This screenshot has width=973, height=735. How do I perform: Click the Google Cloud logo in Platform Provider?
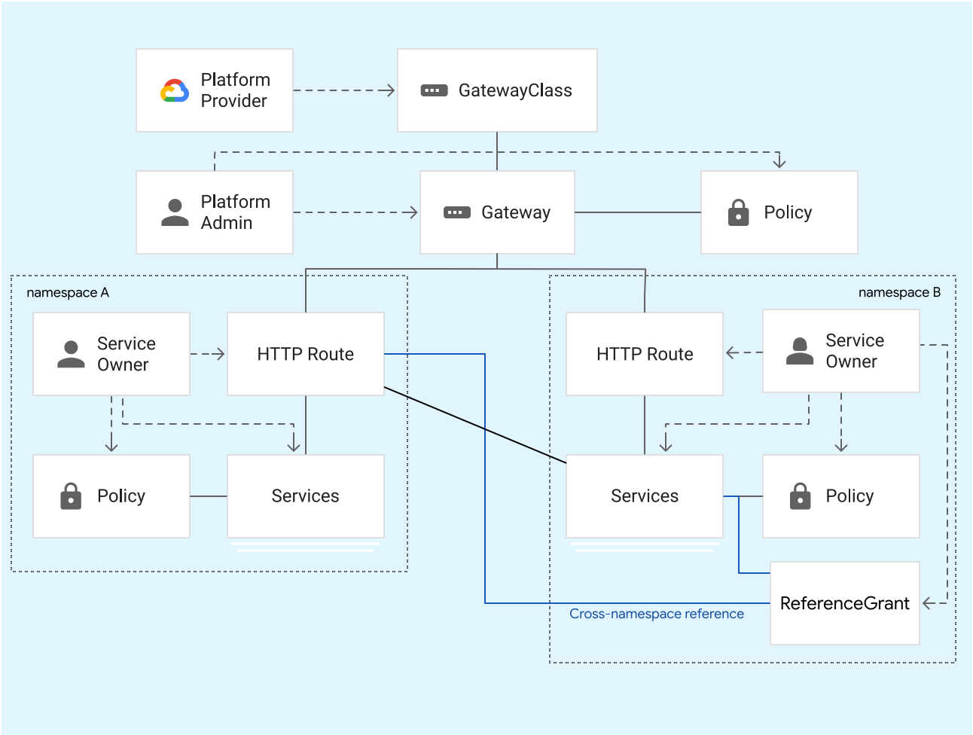175,91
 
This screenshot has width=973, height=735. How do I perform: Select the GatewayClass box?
497,90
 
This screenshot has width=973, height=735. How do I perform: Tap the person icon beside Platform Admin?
175,212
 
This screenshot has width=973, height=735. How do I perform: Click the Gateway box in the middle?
497,212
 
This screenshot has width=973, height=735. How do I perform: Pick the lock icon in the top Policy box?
738,213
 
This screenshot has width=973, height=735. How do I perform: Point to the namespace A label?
68,293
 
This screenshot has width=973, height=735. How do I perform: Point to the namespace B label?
899,293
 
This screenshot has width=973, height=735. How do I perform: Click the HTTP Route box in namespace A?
306,354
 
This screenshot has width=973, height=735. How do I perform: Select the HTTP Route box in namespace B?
645,354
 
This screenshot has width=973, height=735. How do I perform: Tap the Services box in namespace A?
306,496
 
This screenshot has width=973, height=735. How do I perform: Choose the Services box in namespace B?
645,496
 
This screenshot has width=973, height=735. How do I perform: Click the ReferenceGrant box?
844,603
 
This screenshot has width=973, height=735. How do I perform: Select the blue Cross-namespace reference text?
656,614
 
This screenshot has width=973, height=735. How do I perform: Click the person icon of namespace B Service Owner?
800,351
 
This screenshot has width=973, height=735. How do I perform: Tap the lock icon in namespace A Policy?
71,496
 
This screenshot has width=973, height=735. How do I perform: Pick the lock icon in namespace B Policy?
800,496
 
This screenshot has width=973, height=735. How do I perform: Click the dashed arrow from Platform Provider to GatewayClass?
344,90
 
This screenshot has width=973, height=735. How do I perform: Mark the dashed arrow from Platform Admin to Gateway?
355,212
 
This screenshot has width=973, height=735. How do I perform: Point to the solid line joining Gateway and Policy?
637,212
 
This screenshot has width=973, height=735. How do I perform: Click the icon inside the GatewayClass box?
434,90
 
